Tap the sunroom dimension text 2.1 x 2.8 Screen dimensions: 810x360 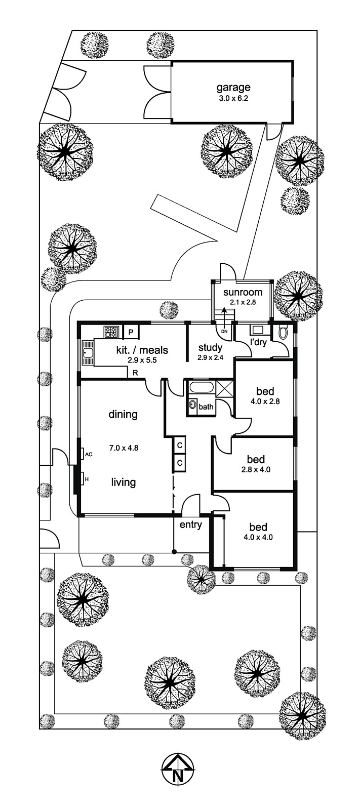tap(243, 302)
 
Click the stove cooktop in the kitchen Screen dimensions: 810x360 tap(111, 332)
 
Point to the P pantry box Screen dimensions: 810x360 tap(131, 332)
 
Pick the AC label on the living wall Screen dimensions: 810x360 tap(89, 454)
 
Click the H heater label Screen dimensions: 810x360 tap(86, 479)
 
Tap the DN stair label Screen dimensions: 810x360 tap(224, 331)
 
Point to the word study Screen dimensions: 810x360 tap(210, 347)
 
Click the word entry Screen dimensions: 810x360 tap(191, 525)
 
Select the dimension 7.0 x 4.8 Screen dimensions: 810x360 tap(124, 448)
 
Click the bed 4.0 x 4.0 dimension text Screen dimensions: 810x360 tap(261, 538)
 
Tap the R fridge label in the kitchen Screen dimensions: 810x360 tap(135, 373)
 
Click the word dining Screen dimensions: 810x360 tap(123, 415)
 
